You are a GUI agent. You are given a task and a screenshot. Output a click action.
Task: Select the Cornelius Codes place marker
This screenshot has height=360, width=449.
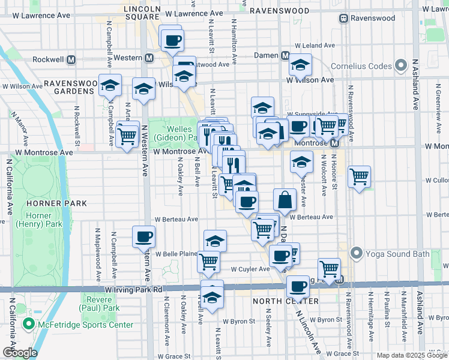[402, 66]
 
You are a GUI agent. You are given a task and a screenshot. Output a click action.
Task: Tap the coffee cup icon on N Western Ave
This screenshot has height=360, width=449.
[143, 236]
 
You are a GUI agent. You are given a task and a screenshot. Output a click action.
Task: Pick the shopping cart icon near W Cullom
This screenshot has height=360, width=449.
[358, 176]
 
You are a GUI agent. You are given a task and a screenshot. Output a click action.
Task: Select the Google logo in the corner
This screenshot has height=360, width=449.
[20, 352]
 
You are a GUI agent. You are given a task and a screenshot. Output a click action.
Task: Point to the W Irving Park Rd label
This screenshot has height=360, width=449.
[133, 289]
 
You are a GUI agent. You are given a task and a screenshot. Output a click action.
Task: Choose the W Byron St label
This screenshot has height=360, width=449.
[239, 321]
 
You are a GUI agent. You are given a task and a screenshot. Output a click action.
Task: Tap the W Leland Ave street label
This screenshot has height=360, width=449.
[314, 45]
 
